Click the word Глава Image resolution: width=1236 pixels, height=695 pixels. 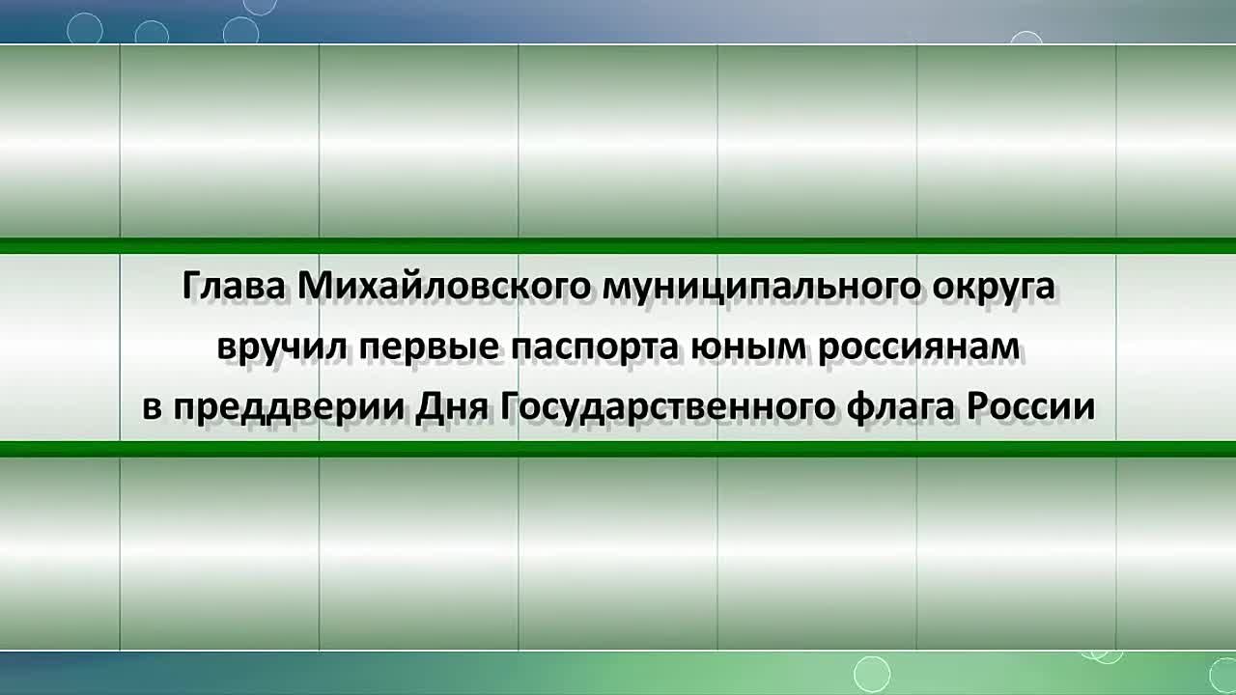point(234,286)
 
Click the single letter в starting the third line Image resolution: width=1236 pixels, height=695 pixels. point(152,407)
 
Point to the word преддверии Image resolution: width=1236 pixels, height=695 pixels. point(289,407)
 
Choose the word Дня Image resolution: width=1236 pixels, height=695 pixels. point(451,407)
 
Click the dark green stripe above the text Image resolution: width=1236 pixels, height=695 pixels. point(618,245)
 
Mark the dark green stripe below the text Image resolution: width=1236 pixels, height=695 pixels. point(618,449)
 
